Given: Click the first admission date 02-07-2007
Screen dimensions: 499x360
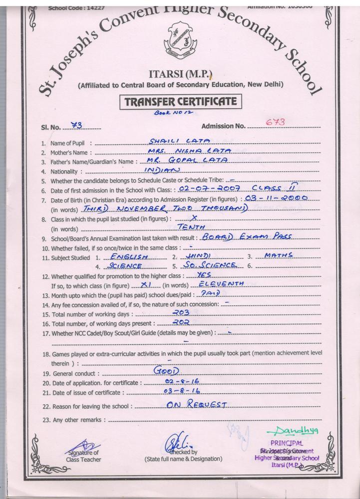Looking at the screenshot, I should tap(203, 189).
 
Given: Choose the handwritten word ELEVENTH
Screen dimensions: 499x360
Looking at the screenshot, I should tap(221, 283).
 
